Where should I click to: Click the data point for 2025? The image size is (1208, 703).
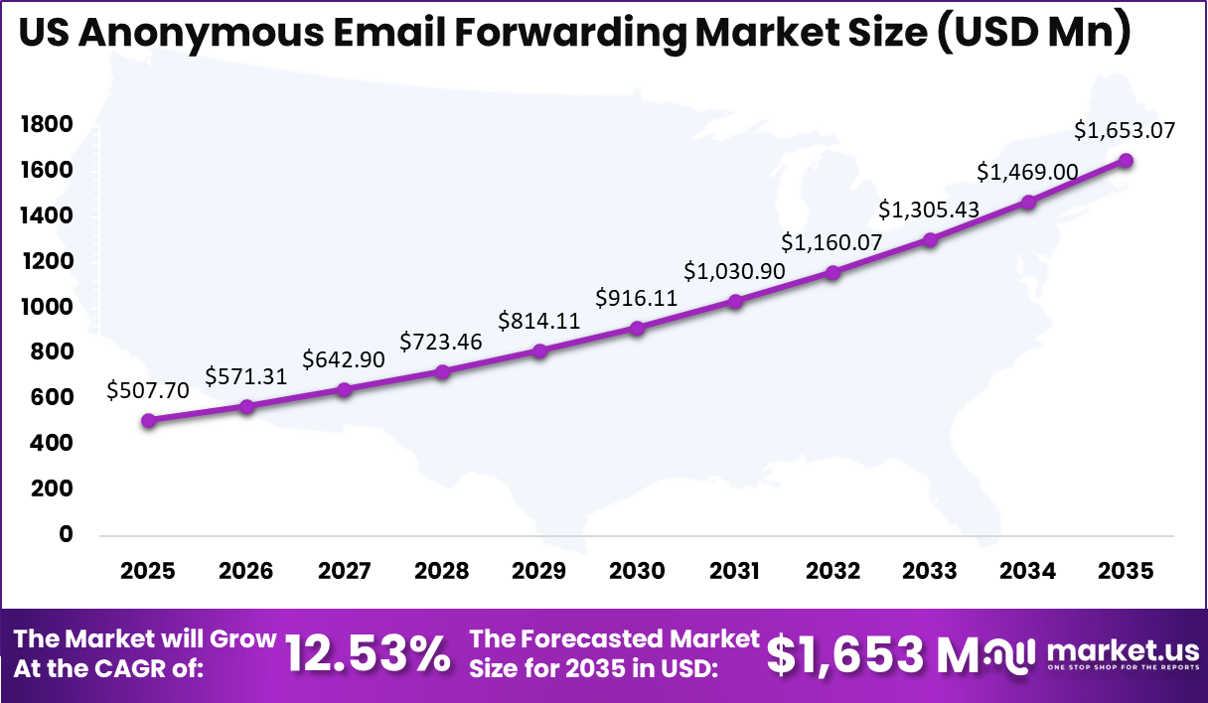pos(149,421)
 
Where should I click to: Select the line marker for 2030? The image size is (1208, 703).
pos(638,328)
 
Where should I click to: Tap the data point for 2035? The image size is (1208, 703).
pos(1127,161)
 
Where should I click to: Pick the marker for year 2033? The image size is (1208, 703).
pos(931,239)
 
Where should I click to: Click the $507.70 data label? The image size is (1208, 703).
pos(148,391)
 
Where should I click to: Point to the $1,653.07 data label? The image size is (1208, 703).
pos(1125,130)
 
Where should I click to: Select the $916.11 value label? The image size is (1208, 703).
pos(637,298)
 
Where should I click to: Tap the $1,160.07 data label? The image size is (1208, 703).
pos(832,242)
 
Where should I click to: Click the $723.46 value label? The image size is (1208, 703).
pos(441,343)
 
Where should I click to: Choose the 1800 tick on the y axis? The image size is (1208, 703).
pos(46,124)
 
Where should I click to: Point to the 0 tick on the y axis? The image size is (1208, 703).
pos(66,534)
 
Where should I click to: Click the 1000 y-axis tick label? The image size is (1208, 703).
pos(46,307)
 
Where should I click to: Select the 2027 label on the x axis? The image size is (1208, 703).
pos(344,571)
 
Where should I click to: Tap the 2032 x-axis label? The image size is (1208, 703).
pos(832,571)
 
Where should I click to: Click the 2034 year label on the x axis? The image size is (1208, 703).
pos(1028,571)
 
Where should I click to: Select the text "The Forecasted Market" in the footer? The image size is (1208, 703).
pos(614,638)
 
